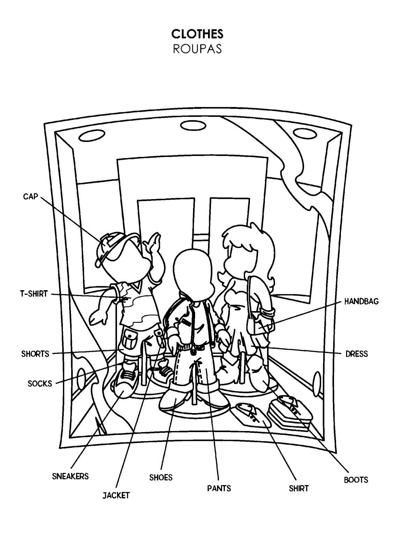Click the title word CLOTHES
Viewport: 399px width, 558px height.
[x=197, y=34]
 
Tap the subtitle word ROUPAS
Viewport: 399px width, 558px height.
[x=197, y=49]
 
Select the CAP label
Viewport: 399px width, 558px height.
[x=30, y=197]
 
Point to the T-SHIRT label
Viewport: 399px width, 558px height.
[x=34, y=294]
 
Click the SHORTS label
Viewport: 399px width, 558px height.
[x=35, y=354]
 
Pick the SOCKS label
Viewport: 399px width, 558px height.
[x=40, y=384]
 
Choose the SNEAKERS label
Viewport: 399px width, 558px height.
[x=70, y=476]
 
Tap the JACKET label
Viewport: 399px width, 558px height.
[x=116, y=495]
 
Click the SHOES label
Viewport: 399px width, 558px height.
[x=161, y=477]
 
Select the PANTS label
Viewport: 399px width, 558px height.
[x=219, y=488]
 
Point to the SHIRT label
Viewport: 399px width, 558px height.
[x=298, y=488]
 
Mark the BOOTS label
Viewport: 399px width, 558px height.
[x=356, y=480]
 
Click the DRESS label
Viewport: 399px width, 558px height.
[x=356, y=354]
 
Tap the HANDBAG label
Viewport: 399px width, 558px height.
[x=361, y=301]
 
